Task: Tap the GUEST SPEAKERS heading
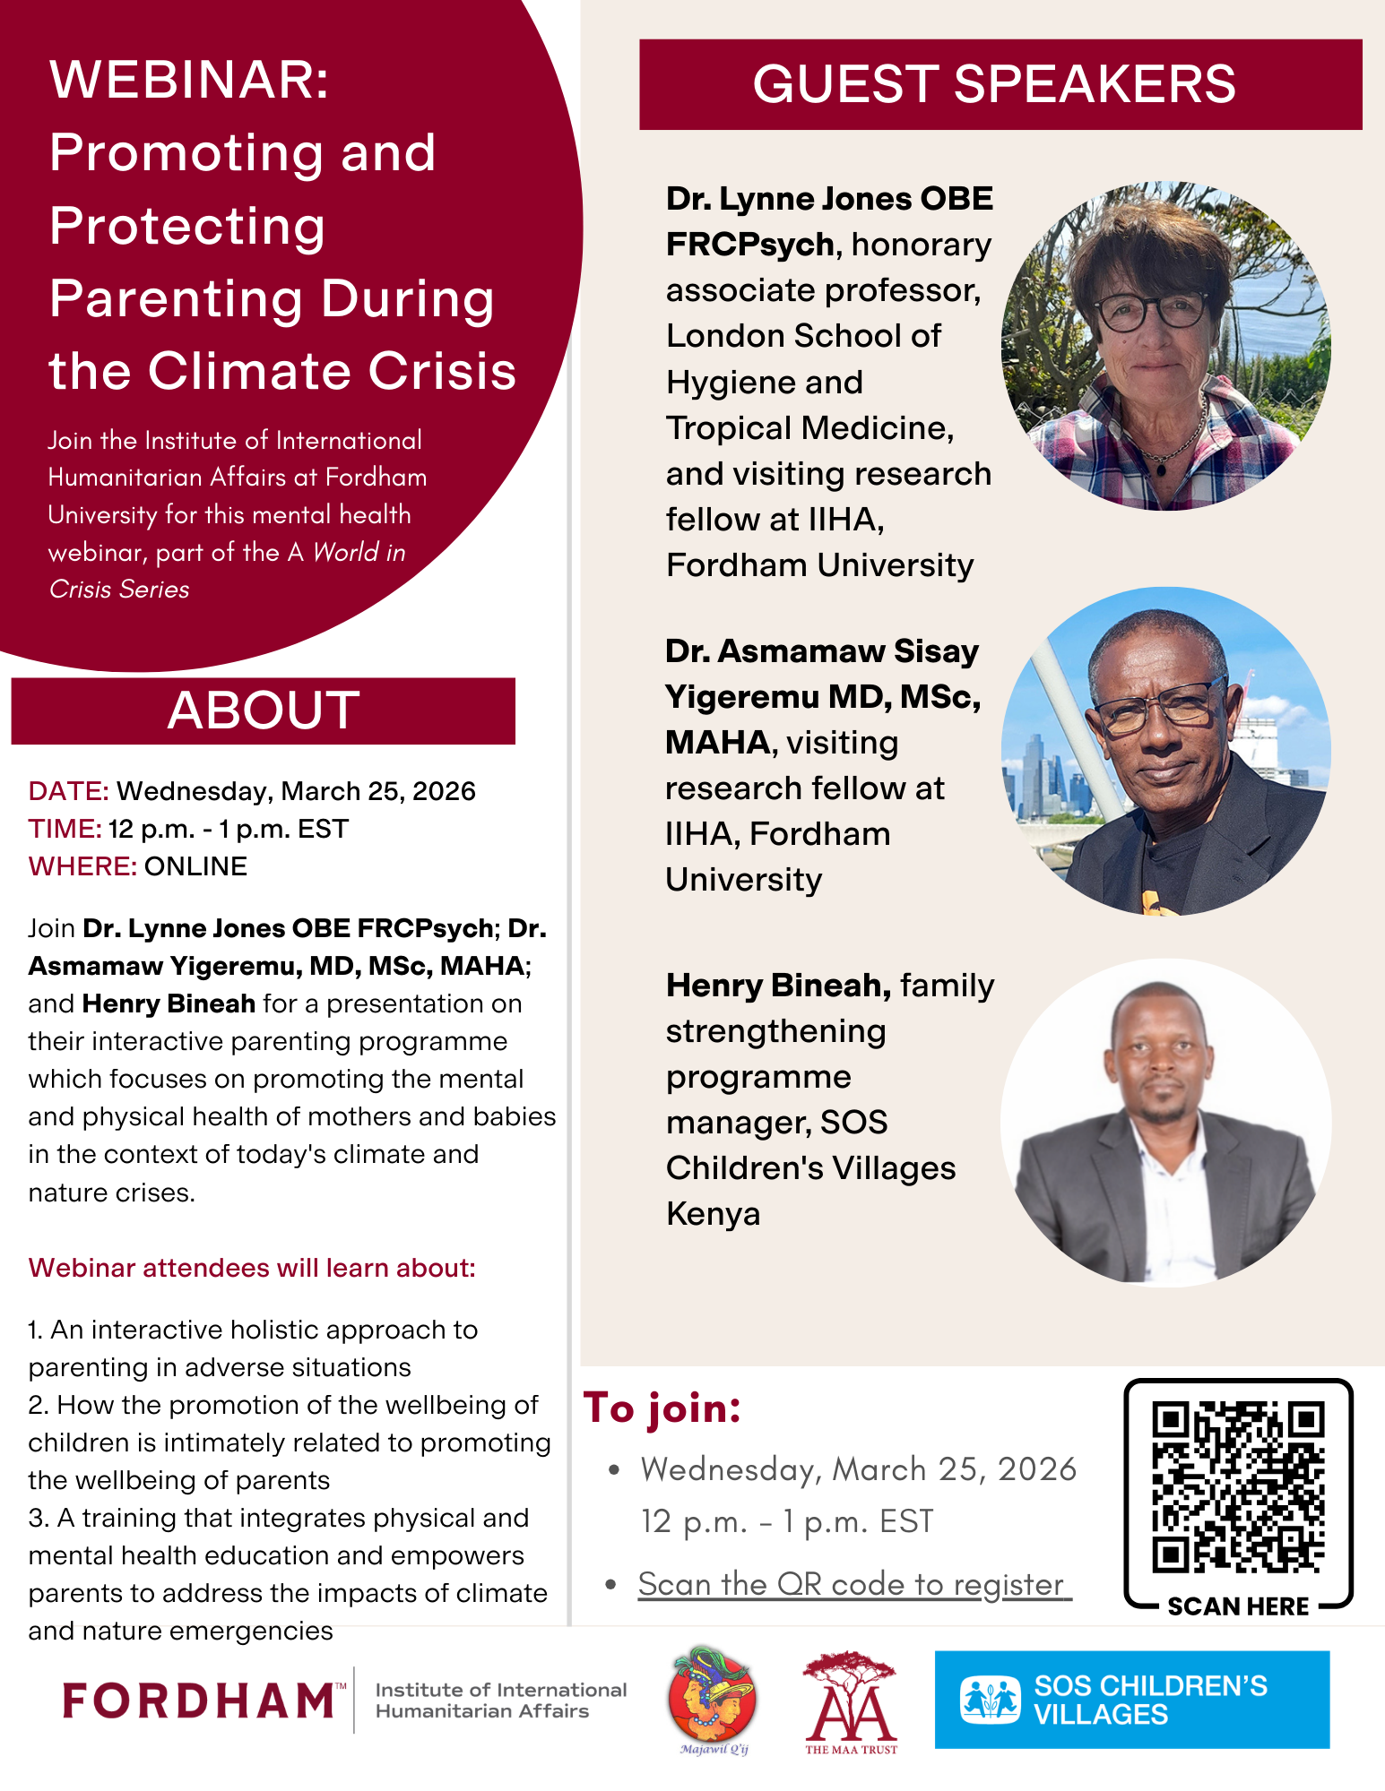[994, 84]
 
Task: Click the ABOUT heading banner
[263, 710]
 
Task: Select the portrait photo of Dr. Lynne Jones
[1165, 347]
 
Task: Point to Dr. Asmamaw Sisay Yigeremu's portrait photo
[1165, 751]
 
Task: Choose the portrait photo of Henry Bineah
[1165, 1124]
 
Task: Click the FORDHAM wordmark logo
[200, 1701]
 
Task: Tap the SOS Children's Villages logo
[1131, 1700]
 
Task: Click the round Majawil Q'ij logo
[713, 1696]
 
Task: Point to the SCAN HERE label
[1237, 1606]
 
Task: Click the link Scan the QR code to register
[853, 1584]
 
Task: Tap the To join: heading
[662, 1408]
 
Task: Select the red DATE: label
[69, 791]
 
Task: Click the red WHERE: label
[82, 866]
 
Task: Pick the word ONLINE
[195, 866]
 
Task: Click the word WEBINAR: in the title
[190, 80]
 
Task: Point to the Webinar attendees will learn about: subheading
[252, 1268]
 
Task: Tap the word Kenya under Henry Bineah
[714, 1214]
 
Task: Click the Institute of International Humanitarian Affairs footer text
[500, 1701]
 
